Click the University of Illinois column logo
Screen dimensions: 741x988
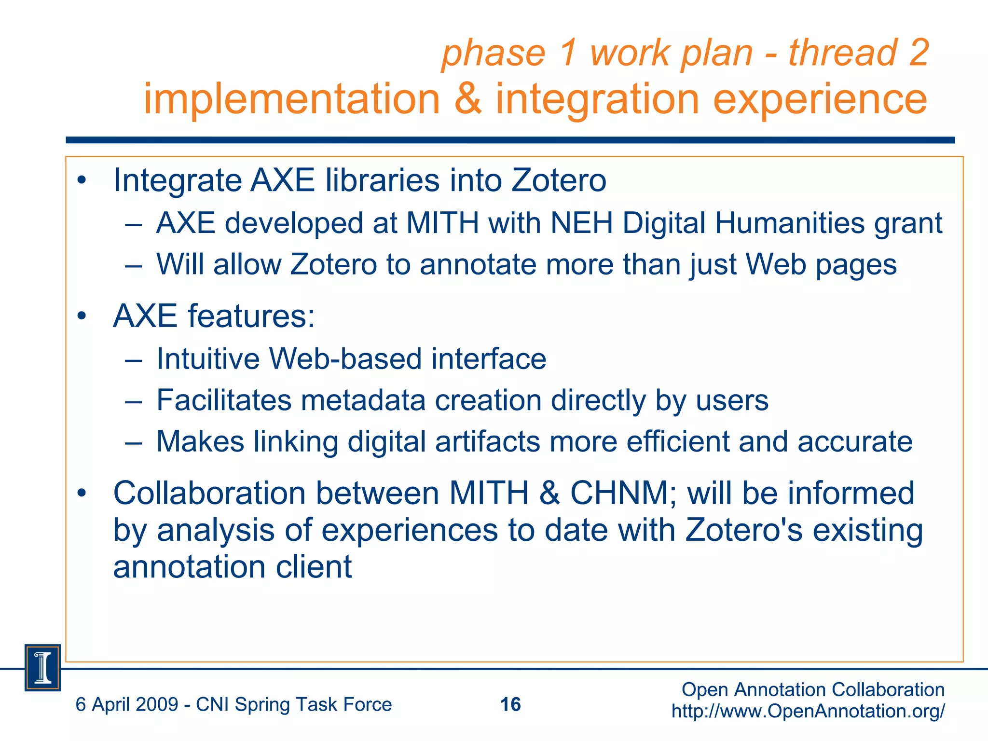(42, 668)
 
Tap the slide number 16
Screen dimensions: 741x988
(510, 704)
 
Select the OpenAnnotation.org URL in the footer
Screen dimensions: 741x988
(808, 711)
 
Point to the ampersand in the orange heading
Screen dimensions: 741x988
(468, 98)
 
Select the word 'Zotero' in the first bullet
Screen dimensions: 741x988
(559, 180)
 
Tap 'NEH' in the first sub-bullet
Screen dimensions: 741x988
(581, 223)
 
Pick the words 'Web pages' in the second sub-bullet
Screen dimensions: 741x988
(821, 264)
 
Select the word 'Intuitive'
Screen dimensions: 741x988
(208, 359)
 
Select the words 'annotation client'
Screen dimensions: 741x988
(232, 566)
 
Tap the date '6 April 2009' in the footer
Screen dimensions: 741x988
(127, 704)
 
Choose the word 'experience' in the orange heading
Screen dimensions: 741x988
(820, 98)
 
